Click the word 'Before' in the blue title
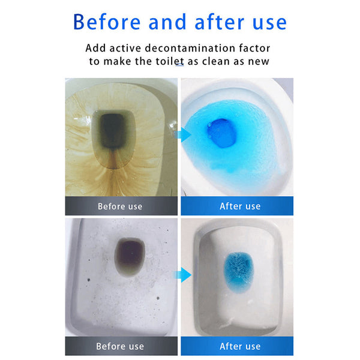click(x=107, y=22)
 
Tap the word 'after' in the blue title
click(x=219, y=22)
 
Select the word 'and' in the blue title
click(x=167, y=22)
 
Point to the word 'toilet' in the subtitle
click(x=170, y=61)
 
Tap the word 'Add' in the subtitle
click(x=96, y=48)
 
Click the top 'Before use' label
click(x=120, y=206)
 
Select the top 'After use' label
click(x=240, y=206)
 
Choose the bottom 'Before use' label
click(x=120, y=346)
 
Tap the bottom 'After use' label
click(x=240, y=346)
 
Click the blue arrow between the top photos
click(x=182, y=135)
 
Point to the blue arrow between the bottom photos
click(x=182, y=275)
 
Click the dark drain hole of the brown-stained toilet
click(x=113, y=131)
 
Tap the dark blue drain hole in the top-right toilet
click(x=222, y=133)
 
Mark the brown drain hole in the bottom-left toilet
click(x=130, y=256)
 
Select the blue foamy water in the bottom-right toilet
click(x=239, y=272)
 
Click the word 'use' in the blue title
click(x=269, y=23)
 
